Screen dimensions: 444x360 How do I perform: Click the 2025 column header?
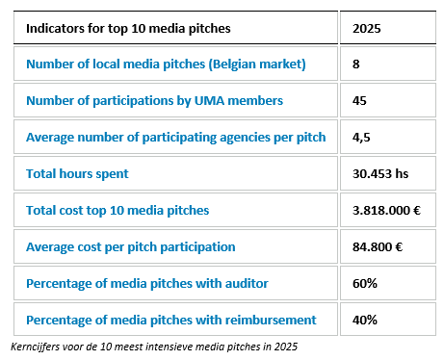click(x=367, y=29)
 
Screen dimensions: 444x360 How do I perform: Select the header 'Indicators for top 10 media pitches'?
click(x=128, y=29)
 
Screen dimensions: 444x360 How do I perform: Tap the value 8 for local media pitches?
click(x=356, y=64)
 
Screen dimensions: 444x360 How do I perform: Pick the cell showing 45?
click(x=359, y=101)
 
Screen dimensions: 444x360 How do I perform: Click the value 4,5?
click(x=361, y=138)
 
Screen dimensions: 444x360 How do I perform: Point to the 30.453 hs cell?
click(x=380, y=174)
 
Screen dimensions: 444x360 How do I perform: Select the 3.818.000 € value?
click(x=386, y=211)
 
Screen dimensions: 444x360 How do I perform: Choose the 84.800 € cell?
click(x=378, y=247)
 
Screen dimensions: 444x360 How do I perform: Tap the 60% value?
click(x=365, y=284)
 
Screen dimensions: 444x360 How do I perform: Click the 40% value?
click(x=365, y=321)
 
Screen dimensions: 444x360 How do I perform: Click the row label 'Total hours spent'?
click(x=77, y=174)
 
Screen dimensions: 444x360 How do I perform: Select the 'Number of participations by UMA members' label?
click(x=155, y=101)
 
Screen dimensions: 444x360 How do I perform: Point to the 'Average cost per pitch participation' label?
click(x=131, y=247)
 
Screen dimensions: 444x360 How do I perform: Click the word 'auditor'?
click(x=247, y=284)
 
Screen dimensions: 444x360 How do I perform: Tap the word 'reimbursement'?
click(x=271, y=321)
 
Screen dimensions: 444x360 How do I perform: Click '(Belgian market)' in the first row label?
click(x=257, y=64)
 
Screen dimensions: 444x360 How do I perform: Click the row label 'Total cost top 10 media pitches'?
click(x=118, y=211)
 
